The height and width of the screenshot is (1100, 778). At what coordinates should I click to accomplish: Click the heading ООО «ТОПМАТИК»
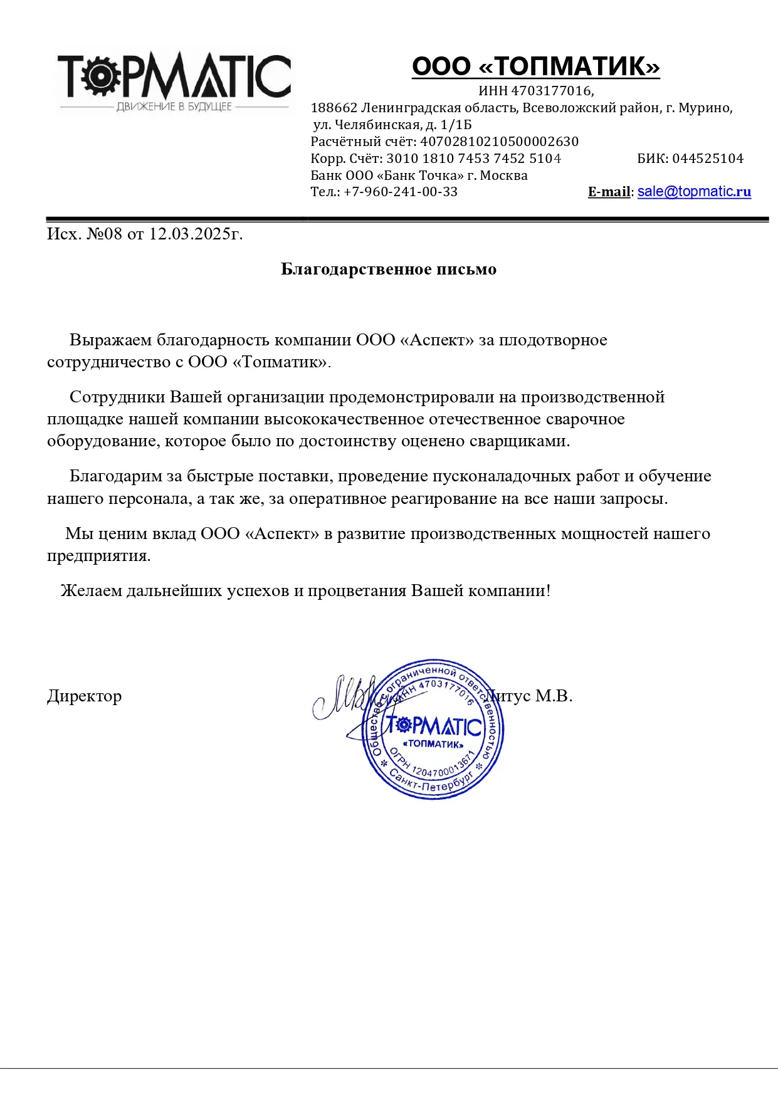click(535, 66)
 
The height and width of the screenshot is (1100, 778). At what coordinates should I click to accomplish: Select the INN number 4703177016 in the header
click(551, 91)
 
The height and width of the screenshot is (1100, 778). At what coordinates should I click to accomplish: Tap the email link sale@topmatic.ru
click(694, 192)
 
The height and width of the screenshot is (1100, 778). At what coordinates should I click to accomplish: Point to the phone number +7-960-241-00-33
click(401, 192)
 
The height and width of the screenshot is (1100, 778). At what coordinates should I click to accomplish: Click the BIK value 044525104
click(708, 159)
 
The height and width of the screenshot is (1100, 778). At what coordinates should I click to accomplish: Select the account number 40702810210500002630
click(499, 142)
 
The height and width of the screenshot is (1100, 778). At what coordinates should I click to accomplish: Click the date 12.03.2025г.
click(196, 234)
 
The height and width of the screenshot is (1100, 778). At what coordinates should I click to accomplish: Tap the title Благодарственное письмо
click(389, 270)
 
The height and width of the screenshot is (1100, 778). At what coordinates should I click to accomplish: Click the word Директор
click(84, 696)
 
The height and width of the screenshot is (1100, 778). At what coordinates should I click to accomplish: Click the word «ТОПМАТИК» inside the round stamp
click(433, 745)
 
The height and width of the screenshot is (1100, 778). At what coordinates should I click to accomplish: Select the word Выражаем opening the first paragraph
click(110, 340)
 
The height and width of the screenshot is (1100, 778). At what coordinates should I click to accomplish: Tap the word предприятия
click(98, 557)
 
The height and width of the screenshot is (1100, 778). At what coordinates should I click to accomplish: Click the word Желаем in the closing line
click(91, 591)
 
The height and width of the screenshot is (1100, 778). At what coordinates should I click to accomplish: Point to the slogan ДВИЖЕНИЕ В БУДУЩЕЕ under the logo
click(174, 107)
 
